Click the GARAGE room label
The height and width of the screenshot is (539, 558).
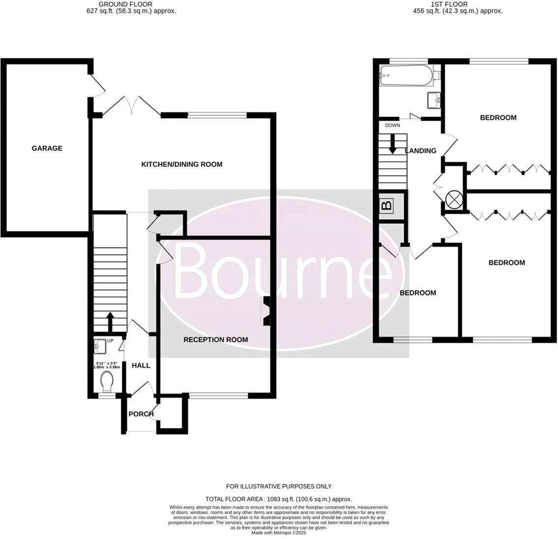[47, 148]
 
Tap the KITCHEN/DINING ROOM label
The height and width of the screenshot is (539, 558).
[182, 164]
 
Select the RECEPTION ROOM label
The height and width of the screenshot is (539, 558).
[216, 339]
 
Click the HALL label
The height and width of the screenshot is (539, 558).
[140, 365]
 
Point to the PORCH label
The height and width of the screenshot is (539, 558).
[141, 414]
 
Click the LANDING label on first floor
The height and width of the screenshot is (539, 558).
[420, 150]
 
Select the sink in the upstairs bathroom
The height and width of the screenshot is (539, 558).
[434, 100]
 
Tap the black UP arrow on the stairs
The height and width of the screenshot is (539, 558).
[110, 322]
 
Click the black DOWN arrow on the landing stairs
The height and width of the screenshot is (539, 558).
[392, 143]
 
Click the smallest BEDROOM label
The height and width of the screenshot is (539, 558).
[418, 293]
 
